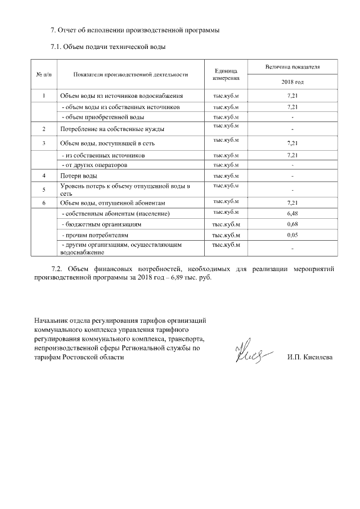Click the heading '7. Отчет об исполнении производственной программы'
tap(135, 30)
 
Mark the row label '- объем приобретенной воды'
tap(102, 117)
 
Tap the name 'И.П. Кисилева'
tap(309, 357)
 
